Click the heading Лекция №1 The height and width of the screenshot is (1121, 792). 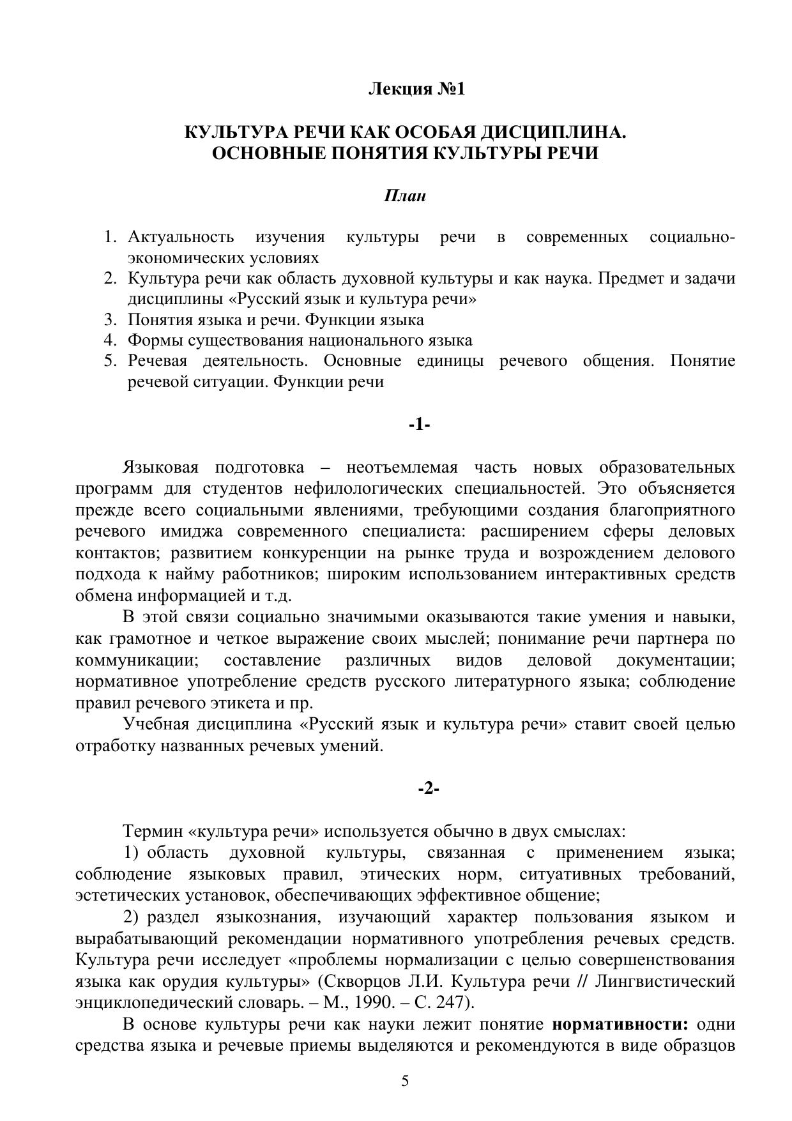click(416, 89)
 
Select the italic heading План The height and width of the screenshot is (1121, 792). click(404, 196)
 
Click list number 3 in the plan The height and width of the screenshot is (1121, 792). click(109, 319)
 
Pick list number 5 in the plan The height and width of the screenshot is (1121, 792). click(109, 361)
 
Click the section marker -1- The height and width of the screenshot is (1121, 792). click(420, 424)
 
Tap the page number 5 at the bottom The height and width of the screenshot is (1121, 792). click(405, 1081)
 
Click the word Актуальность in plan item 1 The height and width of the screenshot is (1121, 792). click(181, 238)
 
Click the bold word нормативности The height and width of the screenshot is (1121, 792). click(620, 1025)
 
